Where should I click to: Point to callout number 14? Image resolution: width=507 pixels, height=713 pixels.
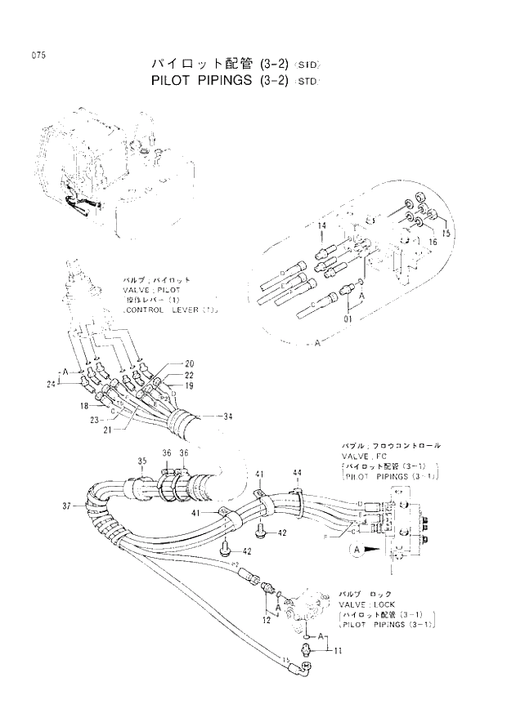(321, 225)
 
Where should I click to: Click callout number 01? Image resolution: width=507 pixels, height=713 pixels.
(348, 308)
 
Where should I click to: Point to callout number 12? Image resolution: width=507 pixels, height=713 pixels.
(267, 622)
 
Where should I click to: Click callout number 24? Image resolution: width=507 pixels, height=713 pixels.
(51, 382)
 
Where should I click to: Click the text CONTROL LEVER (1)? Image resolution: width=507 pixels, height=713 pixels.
(168, 311)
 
